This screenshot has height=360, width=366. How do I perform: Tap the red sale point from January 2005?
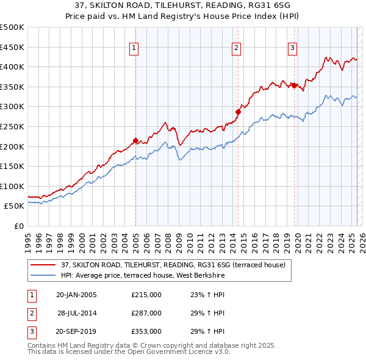[x=135, y=140]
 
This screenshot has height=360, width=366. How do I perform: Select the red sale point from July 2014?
[x=239, y=112]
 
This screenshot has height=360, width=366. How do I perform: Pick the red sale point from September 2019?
[x=294, y=85]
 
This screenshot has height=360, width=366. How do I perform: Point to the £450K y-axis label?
[x=12, y=47]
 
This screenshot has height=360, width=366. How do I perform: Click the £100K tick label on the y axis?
[x=12, y=186]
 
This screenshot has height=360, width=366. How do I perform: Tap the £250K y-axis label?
[x=12, y=126]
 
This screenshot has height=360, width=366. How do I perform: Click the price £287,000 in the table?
[x=146, y=313]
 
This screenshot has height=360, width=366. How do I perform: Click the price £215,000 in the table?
[x=146, y=295]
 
